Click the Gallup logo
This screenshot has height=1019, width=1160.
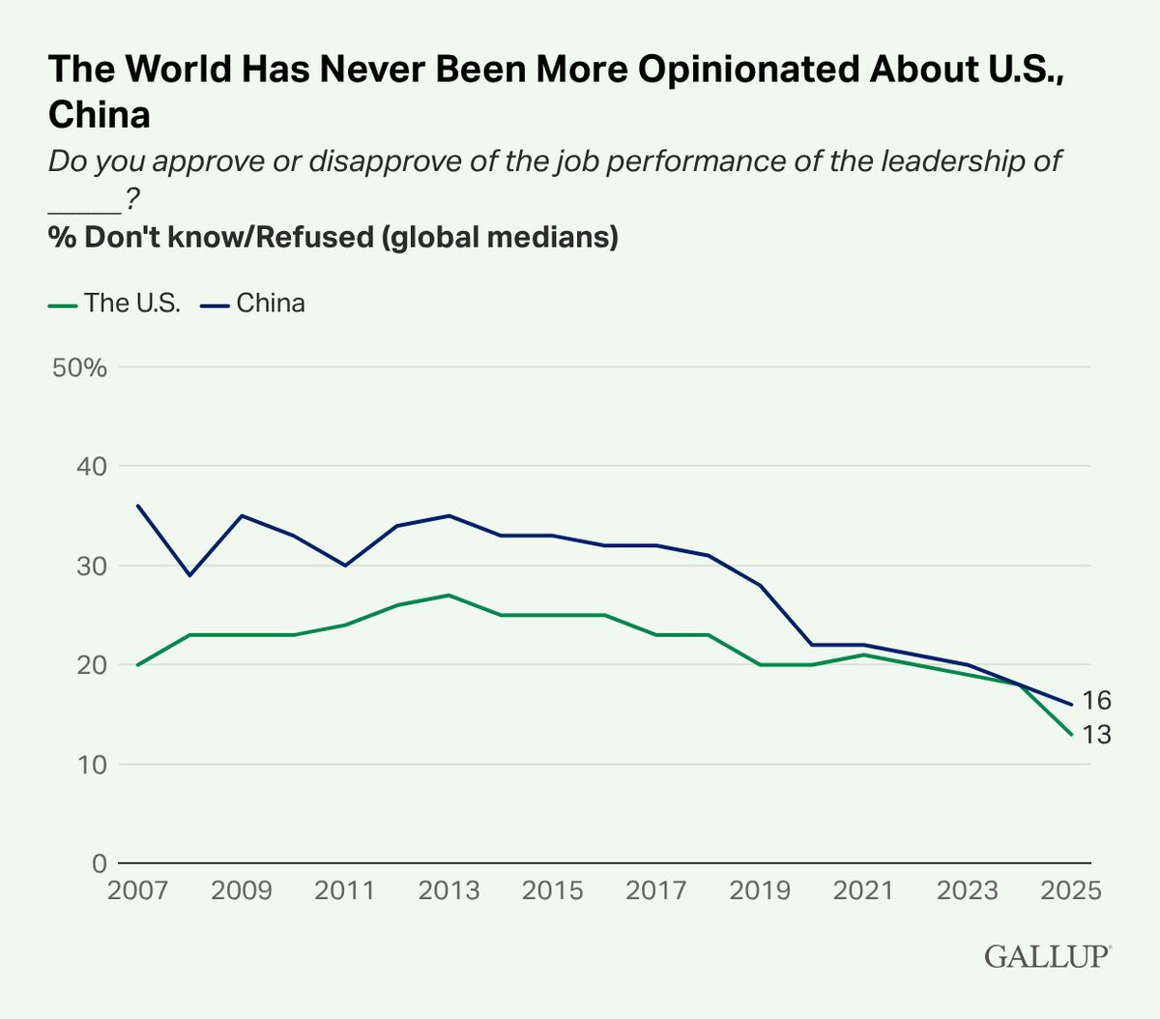click(1047, 956)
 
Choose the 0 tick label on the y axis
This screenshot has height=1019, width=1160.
click(99, 863)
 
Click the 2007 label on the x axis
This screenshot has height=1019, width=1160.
click(137, 890)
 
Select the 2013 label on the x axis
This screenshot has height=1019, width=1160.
click(449, 890)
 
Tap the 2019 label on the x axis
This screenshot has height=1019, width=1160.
click(760, 890)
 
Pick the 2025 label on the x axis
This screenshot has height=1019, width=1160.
click(1070, 890)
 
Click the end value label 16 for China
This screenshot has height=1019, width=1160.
click(1096, 701)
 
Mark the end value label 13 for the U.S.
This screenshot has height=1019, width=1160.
click(1096, 736)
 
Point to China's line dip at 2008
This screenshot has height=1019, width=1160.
click(189, 575)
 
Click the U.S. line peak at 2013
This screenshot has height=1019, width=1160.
click(449, 595)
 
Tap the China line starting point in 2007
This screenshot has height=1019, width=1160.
click(137, 506)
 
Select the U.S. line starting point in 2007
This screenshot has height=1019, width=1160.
click(137, 665)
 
